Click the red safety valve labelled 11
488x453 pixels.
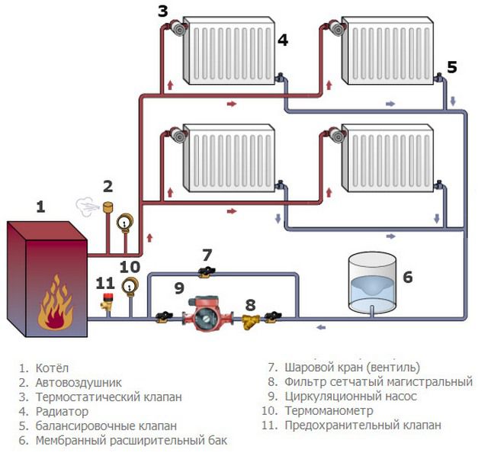[x=106, y=303]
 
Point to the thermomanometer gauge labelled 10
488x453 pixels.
[x=130, y=287]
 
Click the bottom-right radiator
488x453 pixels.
[x=387, y=159]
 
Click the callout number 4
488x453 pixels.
[x=283, y=40]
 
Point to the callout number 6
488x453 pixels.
[x=407, y=278]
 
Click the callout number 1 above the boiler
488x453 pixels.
[x=40, y=206]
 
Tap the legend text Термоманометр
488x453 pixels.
[x=326, y=412]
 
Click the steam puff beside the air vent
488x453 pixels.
[x=85, y=204]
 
